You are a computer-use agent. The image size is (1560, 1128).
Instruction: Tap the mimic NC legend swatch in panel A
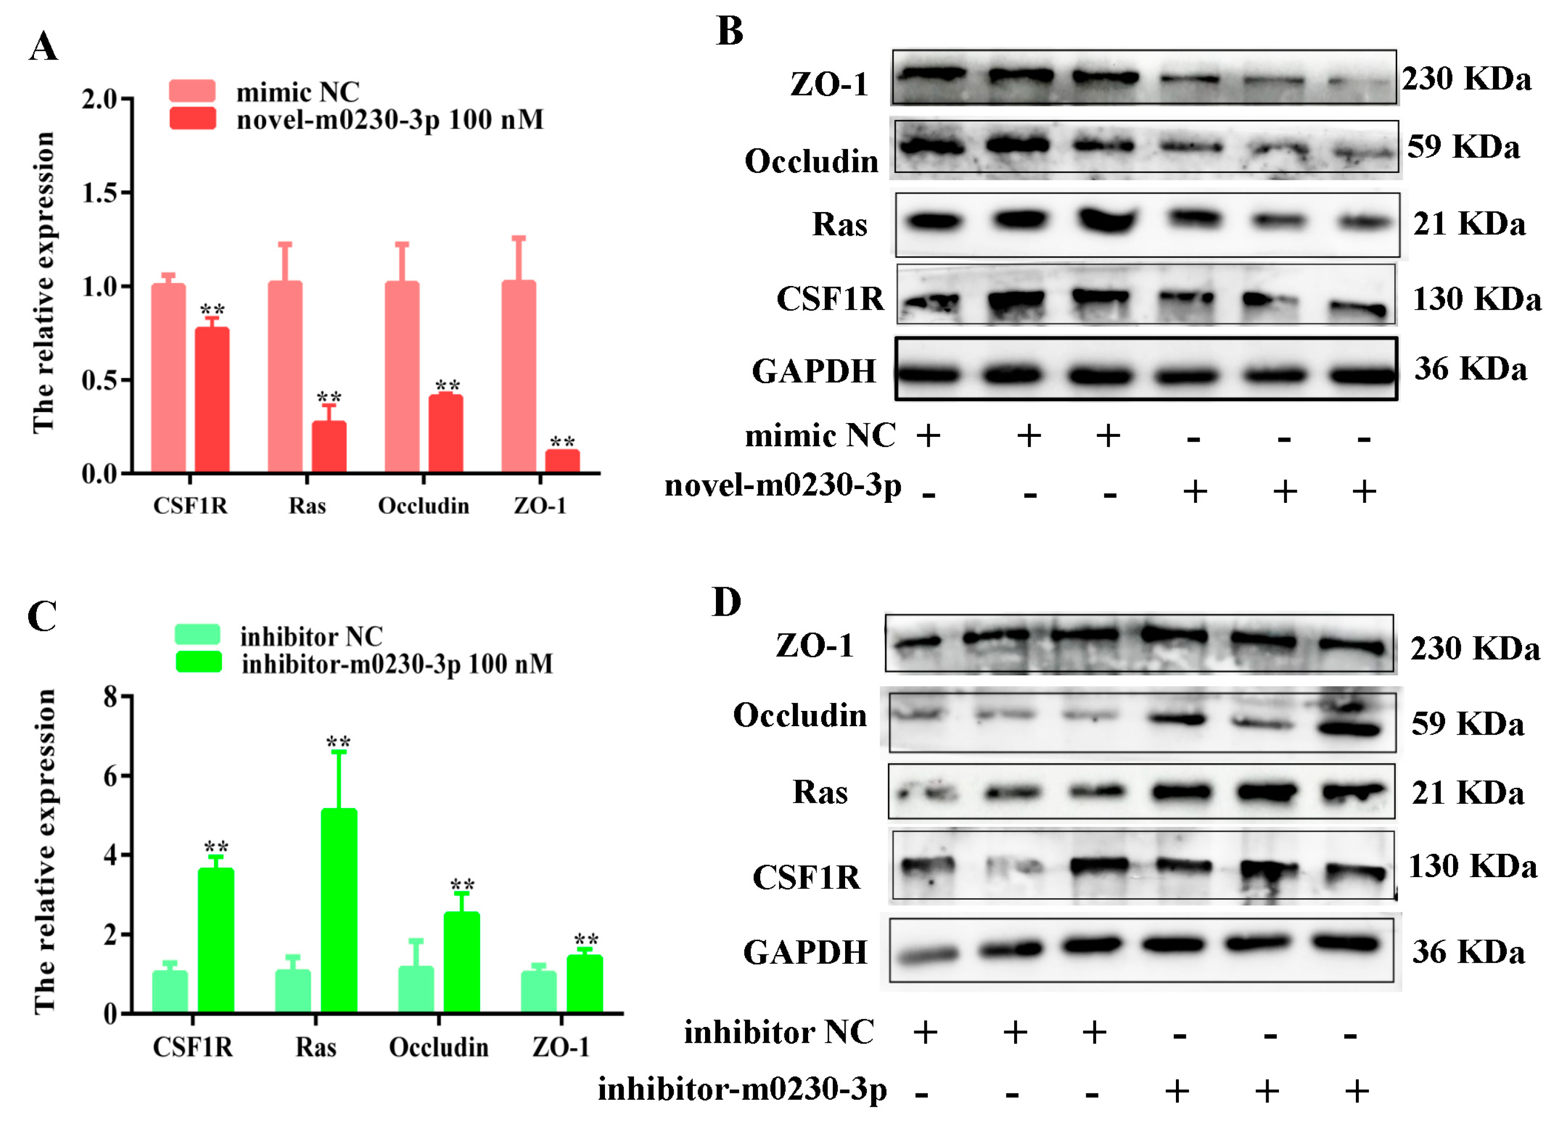coord(192,91)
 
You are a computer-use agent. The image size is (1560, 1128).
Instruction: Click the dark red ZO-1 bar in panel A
coord(563,461)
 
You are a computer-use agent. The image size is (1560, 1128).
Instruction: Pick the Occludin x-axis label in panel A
coord(424,506)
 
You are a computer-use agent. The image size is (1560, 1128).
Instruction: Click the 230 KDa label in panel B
coord(1466,79)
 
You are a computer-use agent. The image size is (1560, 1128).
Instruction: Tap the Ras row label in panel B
coord(840,224)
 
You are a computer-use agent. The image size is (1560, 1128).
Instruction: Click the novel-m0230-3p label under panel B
coord(783,486)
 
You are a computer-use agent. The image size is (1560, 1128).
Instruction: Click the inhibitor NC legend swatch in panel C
coord(197,634)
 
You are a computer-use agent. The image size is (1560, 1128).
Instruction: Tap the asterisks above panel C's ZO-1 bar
coord(586,939)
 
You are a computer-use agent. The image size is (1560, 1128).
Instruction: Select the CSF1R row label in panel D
coord(806,878)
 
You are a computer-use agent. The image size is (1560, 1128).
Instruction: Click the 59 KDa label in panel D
coord(1468,724)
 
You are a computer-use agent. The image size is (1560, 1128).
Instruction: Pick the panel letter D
coord(726,602)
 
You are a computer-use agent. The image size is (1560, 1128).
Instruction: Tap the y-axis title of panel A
coord(43,282)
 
